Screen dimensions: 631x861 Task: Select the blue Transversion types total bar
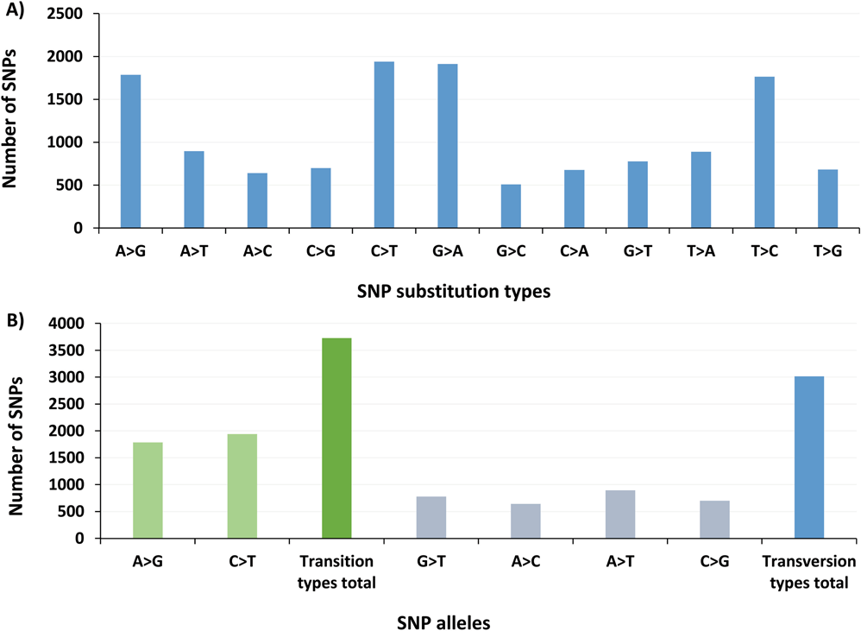click(x=809, y=457)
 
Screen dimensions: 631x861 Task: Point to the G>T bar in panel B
click(x=431, y=517)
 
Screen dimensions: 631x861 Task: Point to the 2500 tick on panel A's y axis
click(x=73, y=15)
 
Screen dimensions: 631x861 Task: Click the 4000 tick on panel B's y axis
click(x=73, y=324)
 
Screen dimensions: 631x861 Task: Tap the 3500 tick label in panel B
click(x=73, y=350)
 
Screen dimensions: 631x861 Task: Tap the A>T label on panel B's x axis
click(x=620, y=559)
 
